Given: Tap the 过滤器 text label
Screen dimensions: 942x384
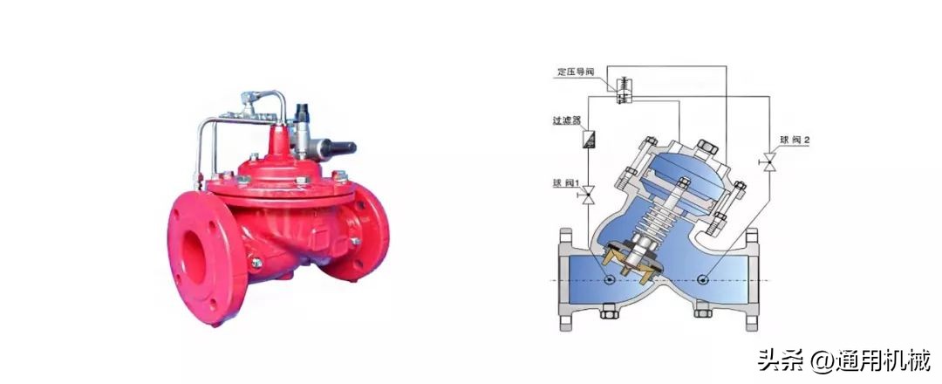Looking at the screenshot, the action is click(566, 120).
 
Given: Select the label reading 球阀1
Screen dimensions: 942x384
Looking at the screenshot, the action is click(565, 182).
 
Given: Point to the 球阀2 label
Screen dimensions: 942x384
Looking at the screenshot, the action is click(795, 140).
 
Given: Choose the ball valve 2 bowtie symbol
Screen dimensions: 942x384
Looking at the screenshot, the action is click(768, 161).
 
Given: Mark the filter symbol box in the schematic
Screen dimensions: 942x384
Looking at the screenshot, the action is click(588, 140).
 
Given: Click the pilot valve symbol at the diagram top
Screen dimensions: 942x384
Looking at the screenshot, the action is click(623, 90).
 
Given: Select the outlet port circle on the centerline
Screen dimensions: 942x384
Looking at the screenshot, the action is click(703, 278).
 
